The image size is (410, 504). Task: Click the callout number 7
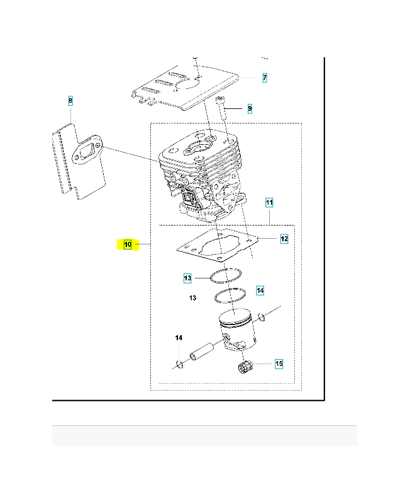point(265,77)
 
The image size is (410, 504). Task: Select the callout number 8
point(70,100)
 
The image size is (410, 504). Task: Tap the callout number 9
point(250,108)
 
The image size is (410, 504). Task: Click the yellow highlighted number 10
point(128,244)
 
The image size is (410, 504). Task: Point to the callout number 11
point(269,203)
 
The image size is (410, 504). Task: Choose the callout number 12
point(284,239)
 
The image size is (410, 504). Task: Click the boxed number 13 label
point(187,278)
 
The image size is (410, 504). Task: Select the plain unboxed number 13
point(192,297)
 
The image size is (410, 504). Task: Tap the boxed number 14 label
point(260,290)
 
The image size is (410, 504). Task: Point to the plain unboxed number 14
point(179,338)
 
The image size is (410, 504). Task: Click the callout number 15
point(279,364)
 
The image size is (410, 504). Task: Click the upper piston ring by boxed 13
point(225,275)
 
